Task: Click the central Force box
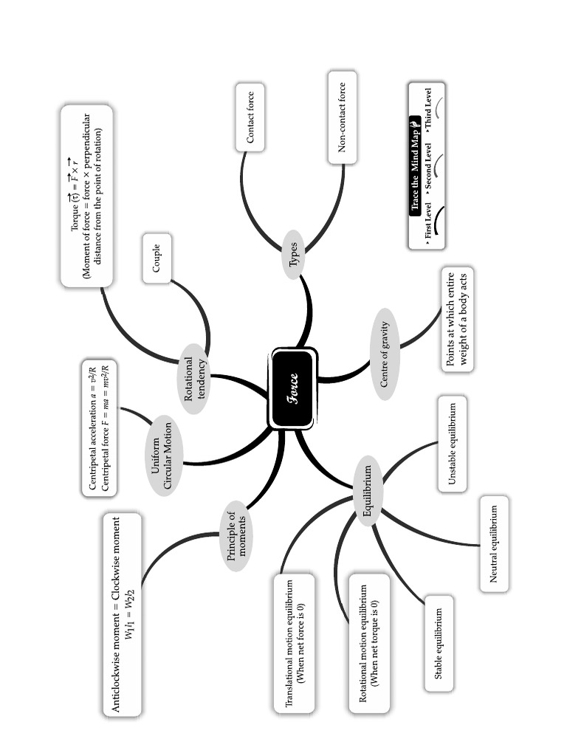[294, 388]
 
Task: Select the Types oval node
[293, 255]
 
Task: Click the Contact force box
[250, 117]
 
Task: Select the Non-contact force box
[342, 117]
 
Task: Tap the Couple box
[157, 258]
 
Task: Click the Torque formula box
[86, 196]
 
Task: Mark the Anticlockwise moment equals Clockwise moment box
[123, 614]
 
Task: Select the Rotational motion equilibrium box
[368, 646]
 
